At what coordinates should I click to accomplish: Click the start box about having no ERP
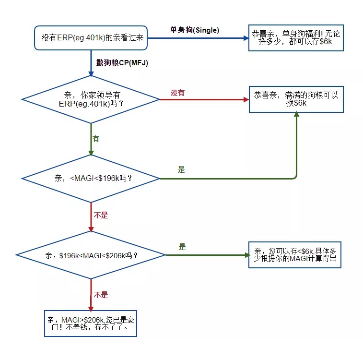(x=90, y=37)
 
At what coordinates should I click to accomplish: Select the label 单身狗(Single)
(x=195, y=30)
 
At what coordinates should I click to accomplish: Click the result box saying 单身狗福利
(x=296, y=38)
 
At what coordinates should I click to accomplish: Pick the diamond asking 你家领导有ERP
(x=91, y=100)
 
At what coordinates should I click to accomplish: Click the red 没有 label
(x=177, y=93)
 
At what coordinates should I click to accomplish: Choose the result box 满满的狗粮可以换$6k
(x=296, y=99)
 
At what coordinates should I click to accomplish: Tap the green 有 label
(x=96, y=139)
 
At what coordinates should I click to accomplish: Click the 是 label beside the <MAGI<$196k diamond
(x=181, y=169)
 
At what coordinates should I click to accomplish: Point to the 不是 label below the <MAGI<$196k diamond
(x=101, y=216)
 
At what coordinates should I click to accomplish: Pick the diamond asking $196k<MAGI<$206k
(x=91, y=255)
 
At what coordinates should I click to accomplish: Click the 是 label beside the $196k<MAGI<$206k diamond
(x=182, y=247)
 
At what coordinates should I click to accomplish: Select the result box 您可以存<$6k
(x=295, y=255)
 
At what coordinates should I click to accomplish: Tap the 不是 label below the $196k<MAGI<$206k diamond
(x=101, y=295)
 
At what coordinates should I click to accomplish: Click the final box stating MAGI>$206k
(x=90, y=324)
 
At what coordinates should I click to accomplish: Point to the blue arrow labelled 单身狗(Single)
(x=197, y=38)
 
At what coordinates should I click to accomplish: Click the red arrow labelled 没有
(x=204, y=100)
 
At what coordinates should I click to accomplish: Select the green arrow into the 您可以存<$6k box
(x=206, y=255)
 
